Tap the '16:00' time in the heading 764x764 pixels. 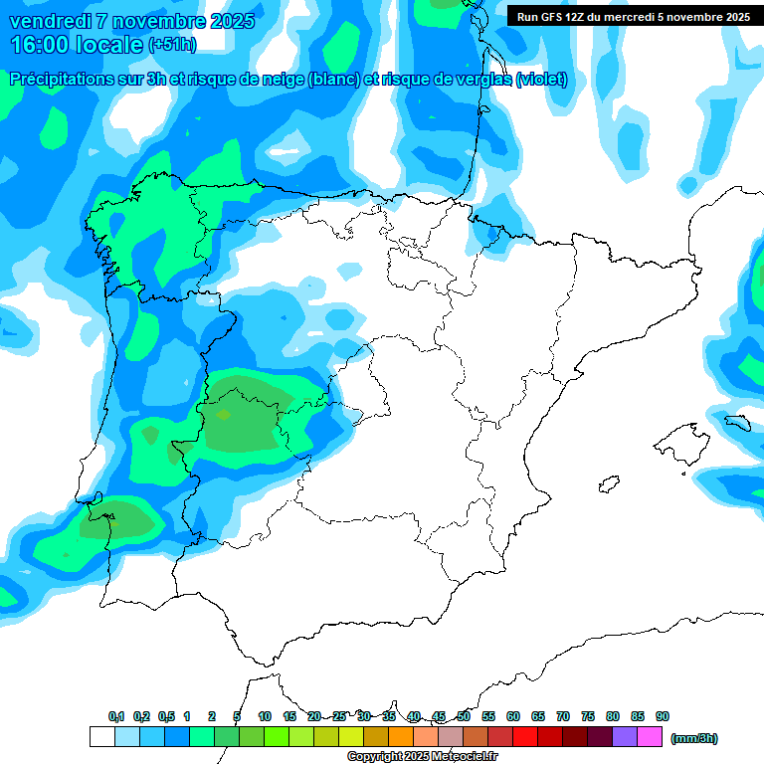point(39,44)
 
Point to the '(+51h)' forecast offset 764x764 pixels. point(172,45)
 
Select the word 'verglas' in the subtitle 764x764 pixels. point(477,80)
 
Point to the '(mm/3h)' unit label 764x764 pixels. point(694,738)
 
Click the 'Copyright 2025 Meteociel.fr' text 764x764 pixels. point(423,757)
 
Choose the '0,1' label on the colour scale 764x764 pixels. point(116,716)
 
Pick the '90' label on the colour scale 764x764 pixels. point(663,716)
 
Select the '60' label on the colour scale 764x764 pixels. point(513,716)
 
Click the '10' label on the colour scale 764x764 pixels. point(265,716)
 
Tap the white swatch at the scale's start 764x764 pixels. point(101,737)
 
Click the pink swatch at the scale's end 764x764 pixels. point(650,737)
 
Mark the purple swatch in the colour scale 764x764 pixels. point(625,737)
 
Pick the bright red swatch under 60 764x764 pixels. point(525,737)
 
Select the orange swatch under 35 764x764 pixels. point(401,737)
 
